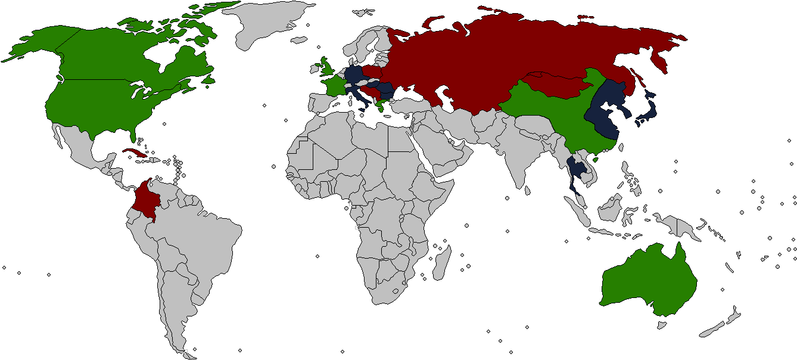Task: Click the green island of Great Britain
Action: point(327,67)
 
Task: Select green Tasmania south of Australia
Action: point(660,324)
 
